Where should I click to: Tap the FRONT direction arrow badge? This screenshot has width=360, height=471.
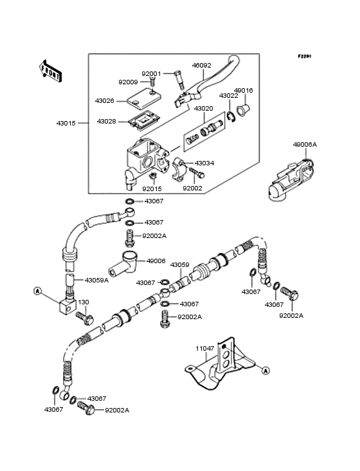click(x=51, y=71)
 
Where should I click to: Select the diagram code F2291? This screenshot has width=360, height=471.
click(x=304, y=57)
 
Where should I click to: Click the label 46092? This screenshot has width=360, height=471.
click(x=201, y=65)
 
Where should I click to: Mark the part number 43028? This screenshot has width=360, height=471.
click(x=107, y=121)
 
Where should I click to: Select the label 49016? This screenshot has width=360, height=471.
click(x=243, y=91)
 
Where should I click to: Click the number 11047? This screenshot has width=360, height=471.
click(x=206, y=349)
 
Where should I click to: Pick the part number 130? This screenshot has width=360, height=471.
click(x=84, y=302)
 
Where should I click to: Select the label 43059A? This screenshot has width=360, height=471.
click(x=97, y=280)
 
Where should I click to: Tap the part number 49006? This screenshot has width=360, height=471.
click(x=156, y=261)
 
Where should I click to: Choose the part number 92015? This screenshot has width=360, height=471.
click(x=152, y=189)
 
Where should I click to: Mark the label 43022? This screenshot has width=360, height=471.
click(x=228, y=95)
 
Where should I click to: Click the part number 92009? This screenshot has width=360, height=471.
click(x=127, y=82)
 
